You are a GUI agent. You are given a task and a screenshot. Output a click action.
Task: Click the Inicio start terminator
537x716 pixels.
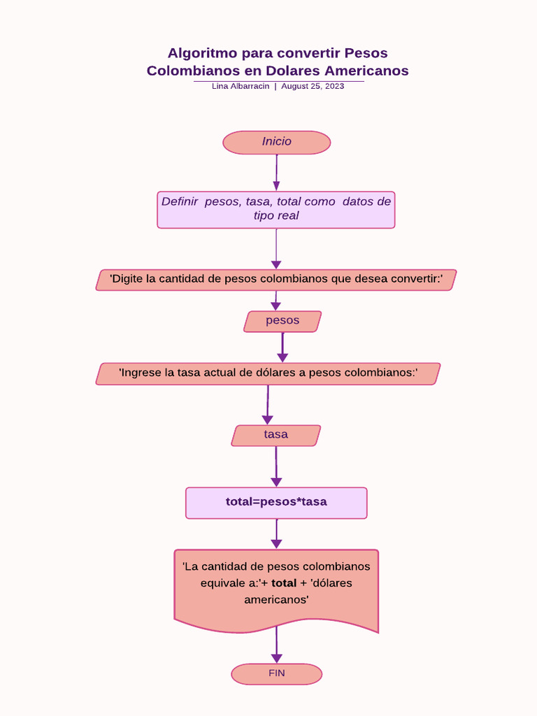click(x=276, y=142)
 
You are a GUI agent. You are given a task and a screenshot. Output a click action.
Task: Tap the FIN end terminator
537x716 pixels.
click(x=276, y=673)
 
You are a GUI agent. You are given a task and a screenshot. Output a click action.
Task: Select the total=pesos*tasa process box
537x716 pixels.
click(x=276, y=502)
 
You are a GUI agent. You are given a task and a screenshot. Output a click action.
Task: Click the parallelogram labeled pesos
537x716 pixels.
click(x=282, y=321)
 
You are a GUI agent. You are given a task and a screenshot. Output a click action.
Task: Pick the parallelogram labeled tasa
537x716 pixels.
click(x=275, y=435)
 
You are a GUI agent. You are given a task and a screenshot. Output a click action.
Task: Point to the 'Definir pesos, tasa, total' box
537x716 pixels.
click(x=276, y=209)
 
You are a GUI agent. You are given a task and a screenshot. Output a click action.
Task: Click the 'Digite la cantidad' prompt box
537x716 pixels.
click(x=276, y=280)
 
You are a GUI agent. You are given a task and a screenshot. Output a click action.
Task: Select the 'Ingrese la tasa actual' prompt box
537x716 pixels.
click(x=268, y=373)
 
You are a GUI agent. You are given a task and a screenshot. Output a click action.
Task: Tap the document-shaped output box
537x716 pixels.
click(x=276, y=587)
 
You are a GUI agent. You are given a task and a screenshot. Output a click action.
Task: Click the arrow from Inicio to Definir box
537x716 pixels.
click(x=276, y=172)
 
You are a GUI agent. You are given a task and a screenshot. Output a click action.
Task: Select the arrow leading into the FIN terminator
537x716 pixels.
click(x=276, y=647)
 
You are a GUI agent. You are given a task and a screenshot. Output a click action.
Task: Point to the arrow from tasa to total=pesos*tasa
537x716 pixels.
click(x=276, y=466)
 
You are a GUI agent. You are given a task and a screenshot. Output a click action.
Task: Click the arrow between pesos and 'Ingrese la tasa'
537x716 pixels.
click(x=282, y=347)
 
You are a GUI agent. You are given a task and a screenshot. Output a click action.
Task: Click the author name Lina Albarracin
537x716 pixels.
click(x=241, y=86)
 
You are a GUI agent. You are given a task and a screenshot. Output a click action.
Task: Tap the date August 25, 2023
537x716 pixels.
click(x=313, y=86)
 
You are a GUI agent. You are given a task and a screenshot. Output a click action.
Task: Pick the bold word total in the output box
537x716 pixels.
click(x=284, y=583)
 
